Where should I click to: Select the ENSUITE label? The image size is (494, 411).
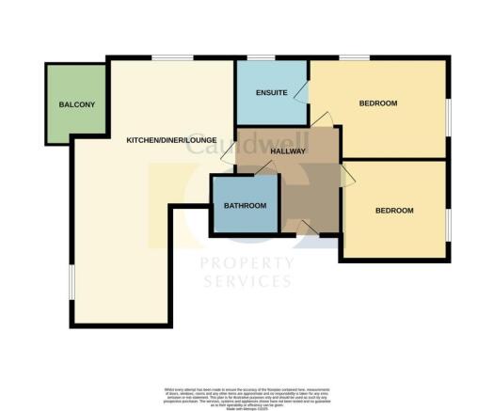click(271, 91)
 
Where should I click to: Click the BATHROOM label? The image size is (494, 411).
click(245, 206)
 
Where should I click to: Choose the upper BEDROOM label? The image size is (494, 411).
click(378, 103)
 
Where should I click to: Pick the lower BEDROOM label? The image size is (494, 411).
click(394, 211)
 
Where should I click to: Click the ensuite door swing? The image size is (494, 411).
click(300, 92)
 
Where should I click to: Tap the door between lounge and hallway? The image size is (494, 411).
click(227, 163)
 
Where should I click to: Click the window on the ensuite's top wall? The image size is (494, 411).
click(263, 59)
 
